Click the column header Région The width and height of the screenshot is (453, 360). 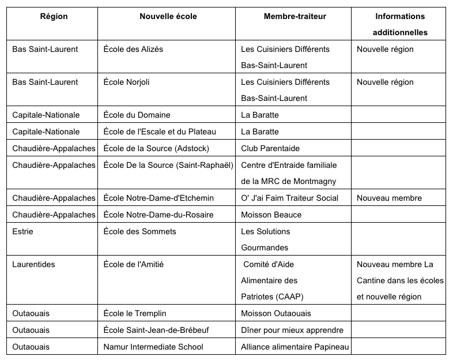(x=54, y=17)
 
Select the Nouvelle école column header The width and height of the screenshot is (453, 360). (x=168, y=17)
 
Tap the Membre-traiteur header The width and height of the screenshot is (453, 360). (x=295, y=17)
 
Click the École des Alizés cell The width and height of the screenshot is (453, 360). (x=133, y=49)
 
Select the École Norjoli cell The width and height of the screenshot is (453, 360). (x=126, y=82)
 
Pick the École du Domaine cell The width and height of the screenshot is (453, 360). (x=137, y=115)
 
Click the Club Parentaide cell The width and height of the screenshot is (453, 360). (x=270, y=148)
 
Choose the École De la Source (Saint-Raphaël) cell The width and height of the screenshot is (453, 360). (x=168, y=165)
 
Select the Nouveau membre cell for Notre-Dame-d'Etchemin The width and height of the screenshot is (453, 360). (x=389, y=198)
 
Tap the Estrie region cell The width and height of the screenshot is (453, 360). (x=23, y=231)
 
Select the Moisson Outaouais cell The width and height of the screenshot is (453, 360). (x=275, y=313)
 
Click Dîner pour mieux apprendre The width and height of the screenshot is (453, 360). (x=292, y=330)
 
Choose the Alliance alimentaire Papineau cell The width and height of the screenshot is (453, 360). (x=295, y=347)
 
